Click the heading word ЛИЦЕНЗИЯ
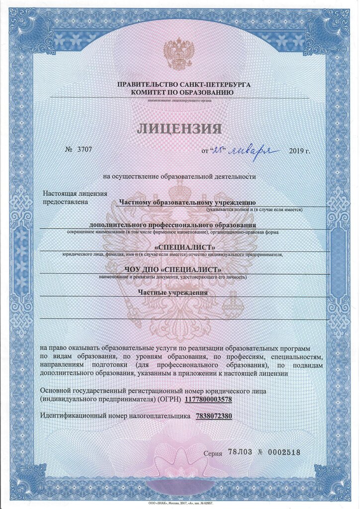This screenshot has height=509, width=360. coord(180,129)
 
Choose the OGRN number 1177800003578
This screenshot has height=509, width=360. coord(208,400)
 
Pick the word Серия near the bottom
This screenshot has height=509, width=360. coord(213,453)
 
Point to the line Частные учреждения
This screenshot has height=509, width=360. coord(173,292)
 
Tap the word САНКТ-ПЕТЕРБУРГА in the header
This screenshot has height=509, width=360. coord(215,85)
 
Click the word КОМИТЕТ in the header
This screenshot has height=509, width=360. coord(149,92)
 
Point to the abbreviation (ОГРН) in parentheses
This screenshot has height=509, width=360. coord(170,400)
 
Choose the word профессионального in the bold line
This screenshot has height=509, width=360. coord(189,225)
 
